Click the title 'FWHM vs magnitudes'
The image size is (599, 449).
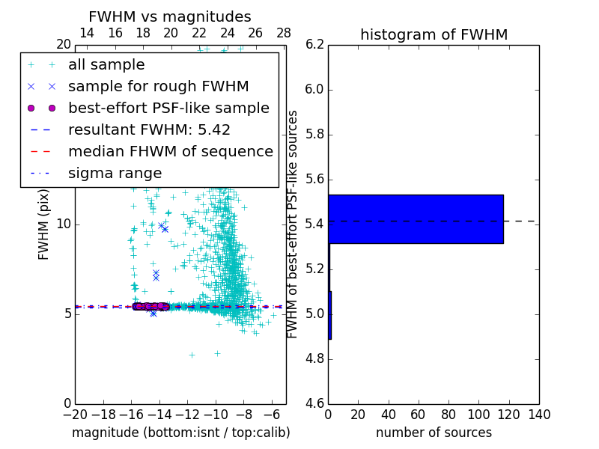(170, 17)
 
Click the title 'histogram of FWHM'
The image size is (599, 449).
(434, 34)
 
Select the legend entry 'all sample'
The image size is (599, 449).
(106, 65)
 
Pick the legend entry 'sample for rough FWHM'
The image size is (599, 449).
(158, 86)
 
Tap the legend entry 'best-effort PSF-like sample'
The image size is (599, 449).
(168, 108)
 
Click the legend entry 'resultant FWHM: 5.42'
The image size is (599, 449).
(149, 129)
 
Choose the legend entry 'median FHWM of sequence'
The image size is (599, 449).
(170, 151)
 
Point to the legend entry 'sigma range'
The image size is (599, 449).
(115, 173)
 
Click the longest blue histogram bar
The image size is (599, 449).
(416, 219)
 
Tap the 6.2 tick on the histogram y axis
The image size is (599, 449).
(314, 45)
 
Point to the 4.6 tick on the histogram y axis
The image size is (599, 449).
(314, 403)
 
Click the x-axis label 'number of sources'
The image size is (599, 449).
(434, 433)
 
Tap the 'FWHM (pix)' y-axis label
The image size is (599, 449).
(44, 224)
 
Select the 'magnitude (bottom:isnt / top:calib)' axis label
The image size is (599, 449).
(180, 433)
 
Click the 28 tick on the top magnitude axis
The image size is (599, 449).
(284, 33)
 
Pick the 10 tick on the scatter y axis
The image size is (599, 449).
(64, 224)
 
